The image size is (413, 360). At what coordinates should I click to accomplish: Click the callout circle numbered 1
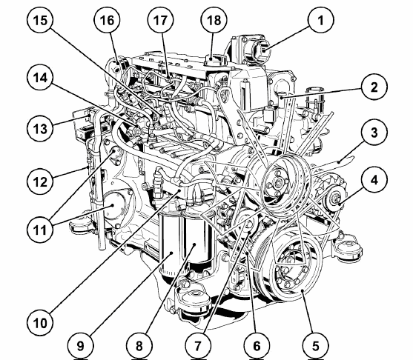click(x=320, y=20)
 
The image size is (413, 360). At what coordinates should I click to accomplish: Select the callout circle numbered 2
click(x=374, y=87)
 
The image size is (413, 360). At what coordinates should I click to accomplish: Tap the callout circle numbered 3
click(x=374, y=133)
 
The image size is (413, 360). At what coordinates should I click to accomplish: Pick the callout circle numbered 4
click(x=374, y=180)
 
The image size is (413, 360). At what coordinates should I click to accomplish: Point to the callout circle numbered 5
click(x=315, y=345)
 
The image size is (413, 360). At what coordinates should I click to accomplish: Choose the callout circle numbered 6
click(x=257, y=345)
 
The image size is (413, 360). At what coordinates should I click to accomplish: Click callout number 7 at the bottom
click(x=198, y=345)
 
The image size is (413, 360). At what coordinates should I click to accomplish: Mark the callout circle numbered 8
click(x=139, y=345)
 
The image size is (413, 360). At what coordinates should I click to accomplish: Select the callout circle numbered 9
click(x=80, y=345)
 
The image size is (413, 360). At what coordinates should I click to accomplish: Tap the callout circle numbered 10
click(x=40, y=322)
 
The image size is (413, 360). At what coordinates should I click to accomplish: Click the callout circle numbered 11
click(x=40, y=230)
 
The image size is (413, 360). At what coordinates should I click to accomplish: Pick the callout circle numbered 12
click(x=40, y=181)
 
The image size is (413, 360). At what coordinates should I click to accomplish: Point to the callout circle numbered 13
click(x=40, y=129)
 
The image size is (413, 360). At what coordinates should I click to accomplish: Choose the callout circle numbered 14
click(x=40, y=78)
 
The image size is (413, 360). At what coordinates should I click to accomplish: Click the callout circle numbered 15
click(x=40, y=20)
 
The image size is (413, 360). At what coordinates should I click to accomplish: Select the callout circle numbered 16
click(x=108, y=20)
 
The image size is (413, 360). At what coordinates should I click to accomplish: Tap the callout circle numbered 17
click(x=160, y=20)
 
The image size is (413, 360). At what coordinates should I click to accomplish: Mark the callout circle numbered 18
click(x=214, y=20)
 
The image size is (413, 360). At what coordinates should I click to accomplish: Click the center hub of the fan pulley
click(x=277, y=183)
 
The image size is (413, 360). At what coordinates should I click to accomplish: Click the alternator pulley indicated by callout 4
click(x=335, y=199)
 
